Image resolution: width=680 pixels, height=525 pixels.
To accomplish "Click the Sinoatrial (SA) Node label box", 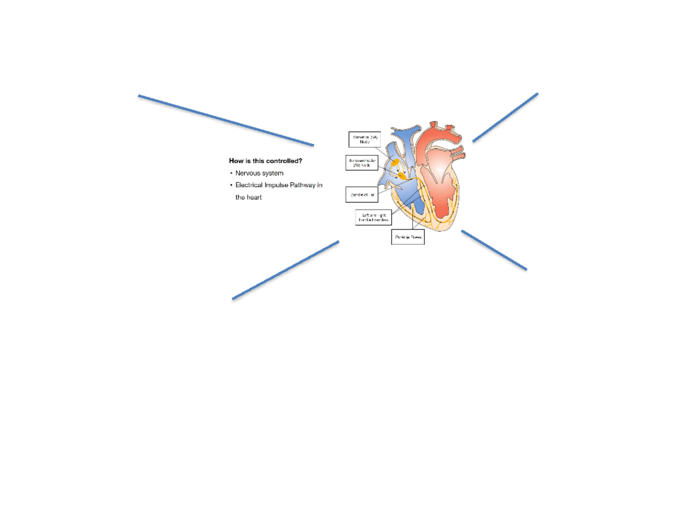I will coord(364,140).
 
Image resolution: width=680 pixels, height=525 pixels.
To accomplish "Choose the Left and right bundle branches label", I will coord(373,217).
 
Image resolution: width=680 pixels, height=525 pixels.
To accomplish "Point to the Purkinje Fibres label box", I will coord(408,237).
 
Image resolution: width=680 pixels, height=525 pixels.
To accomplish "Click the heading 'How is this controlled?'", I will coord(265,161).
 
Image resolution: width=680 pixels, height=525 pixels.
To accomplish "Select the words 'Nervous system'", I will coord(259,173).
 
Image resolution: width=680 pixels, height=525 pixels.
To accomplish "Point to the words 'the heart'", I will coord(249,197).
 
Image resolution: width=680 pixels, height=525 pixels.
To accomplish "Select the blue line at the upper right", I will coord(505,117).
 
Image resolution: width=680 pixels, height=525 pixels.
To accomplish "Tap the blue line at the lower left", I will coord(286,270).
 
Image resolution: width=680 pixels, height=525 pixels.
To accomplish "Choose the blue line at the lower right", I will coord(494,250).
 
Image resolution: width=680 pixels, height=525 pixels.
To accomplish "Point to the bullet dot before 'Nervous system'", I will coord(231,173).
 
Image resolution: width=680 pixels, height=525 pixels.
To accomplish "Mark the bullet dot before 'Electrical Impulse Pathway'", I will coord(231,186).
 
